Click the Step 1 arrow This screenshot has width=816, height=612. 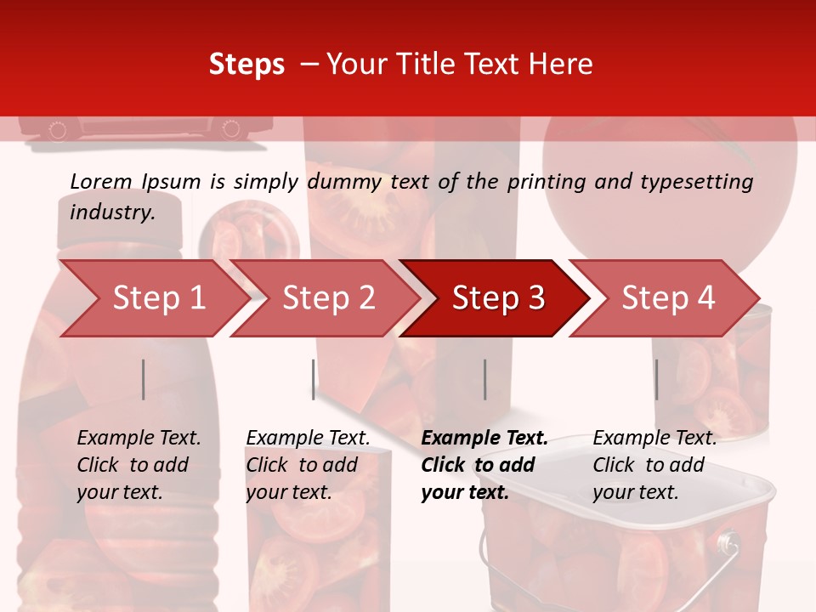pos(153,298)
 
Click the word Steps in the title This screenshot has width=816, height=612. pos(246,65)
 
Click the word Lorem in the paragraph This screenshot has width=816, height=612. pos(101,181)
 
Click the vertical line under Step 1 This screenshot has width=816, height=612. pos(144,379)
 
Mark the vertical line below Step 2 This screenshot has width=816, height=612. pos(314,379)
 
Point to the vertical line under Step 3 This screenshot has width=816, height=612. pos(484,379)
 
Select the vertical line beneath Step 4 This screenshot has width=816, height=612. pos(656,379)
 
